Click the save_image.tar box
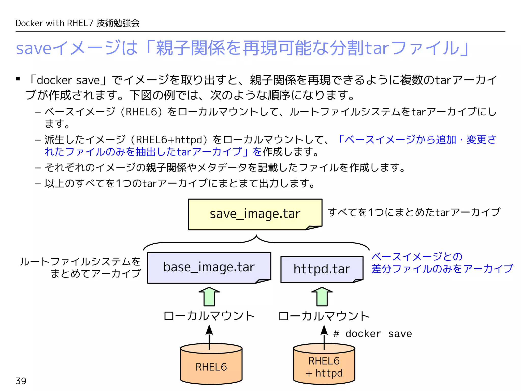point(255,214)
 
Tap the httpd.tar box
point(322,269)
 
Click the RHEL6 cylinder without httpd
point(211,367)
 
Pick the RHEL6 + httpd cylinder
point(324,367)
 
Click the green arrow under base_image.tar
point(209,297)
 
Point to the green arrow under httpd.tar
point(322,297)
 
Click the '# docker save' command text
point(372,334)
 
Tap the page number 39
point(21,381)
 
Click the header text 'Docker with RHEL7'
point(54,23)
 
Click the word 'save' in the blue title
point(34,48)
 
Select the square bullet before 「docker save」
point(18,79)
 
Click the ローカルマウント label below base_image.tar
point(209,316)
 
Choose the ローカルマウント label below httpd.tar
point(324,316)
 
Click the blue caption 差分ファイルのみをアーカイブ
point(442,269)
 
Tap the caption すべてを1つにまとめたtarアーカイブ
point(414,212)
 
